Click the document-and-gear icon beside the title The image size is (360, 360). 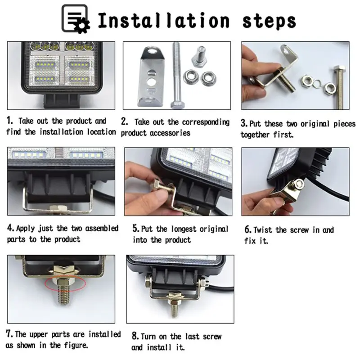(76, 19)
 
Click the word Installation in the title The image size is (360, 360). (164, 20)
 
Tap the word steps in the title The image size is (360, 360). (269, 22)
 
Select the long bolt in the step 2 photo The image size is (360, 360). (177, 75)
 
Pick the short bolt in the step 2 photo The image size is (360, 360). (199, 57)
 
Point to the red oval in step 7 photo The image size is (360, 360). (65, 283)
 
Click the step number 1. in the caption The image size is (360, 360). (9, 121)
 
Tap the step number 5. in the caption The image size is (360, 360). (136, 229)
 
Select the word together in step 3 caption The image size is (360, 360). (255, 135)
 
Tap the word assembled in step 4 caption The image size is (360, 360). (102, 229)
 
